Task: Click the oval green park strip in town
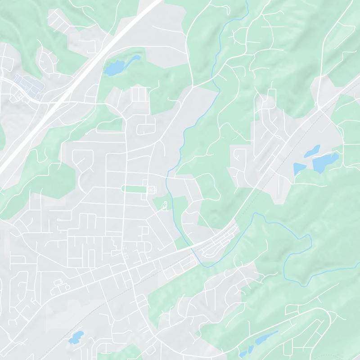[134, 189]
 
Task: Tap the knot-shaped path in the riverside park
[165, 207]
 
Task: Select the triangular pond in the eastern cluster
[299, 169]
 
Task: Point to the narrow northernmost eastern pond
[312, 151]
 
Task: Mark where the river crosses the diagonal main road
[193, 247]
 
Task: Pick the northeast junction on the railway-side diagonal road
[320, 108]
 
